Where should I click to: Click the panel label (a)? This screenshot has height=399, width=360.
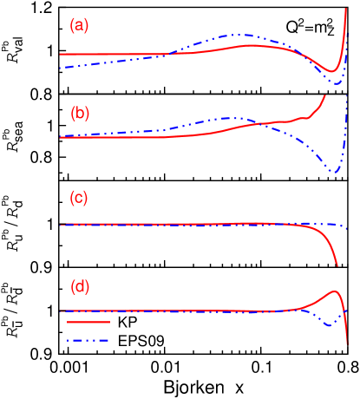coord(79,26)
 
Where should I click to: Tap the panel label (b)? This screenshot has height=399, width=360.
coord(79,113)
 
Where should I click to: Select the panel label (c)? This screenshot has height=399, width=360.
coord(79,199)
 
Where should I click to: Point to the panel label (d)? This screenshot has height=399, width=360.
coord(79,286)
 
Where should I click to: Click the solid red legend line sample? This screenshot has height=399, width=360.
coord(88,322)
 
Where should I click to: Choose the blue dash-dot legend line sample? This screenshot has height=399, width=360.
coord(88,340)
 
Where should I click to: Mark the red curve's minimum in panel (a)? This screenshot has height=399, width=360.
coord(330,72)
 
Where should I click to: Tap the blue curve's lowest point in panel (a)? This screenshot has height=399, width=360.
coord(339,84)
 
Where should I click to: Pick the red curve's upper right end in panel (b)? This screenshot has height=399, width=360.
coord(326,95)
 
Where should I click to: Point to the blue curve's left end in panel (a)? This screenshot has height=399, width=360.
coord(60,67)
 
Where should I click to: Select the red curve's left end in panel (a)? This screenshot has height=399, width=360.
coord(60,54)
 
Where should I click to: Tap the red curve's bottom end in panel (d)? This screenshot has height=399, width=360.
coord(347,343)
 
